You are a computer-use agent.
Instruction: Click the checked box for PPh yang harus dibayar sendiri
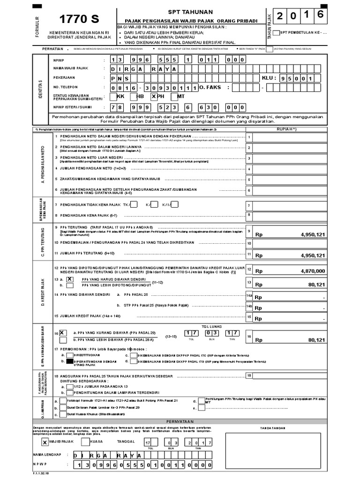click(70, 278)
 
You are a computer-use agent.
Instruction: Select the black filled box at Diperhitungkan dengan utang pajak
click(69, 361)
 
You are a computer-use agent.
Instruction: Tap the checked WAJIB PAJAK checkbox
click(45, 442)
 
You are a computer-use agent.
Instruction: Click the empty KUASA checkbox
click(85, 442)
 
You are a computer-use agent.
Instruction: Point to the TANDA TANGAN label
click(274, 427)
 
